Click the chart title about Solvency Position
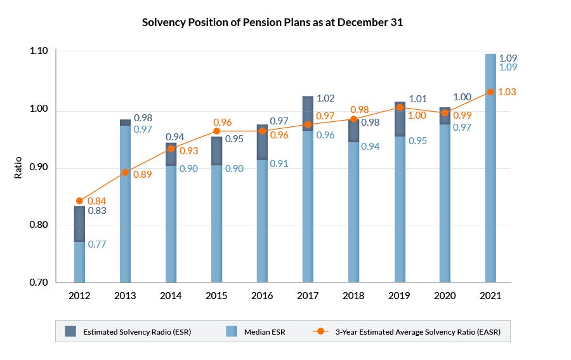click(272, 22)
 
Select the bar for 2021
click(490, 168)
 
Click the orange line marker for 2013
click(125, 172)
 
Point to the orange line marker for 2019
click(400, 107)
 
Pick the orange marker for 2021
click(490, 92)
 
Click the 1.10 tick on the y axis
click(39, 51)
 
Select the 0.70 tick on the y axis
click(39, 283)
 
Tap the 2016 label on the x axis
click(262, 296)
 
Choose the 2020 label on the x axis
click(445, 296)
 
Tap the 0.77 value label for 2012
click(97, 244)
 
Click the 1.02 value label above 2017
click(325, 98)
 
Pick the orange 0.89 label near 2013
click(142, 174)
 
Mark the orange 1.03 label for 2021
click(508, 92)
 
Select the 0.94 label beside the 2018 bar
click(371, 146)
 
